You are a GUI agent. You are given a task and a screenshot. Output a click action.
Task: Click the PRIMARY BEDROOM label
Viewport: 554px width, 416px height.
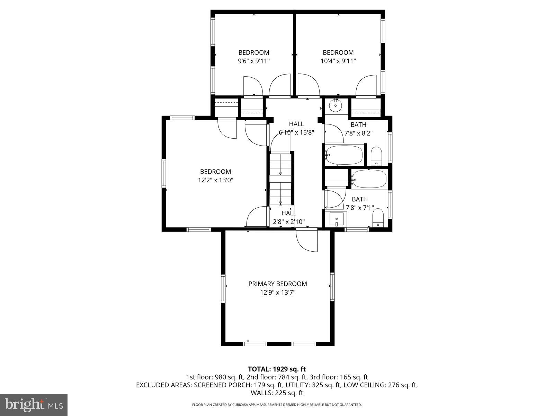pos(277,284)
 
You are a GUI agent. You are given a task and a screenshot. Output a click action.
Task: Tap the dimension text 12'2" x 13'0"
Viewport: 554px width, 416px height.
pos(215,180)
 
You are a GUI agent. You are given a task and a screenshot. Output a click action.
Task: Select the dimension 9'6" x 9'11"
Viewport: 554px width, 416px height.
pos(253,61)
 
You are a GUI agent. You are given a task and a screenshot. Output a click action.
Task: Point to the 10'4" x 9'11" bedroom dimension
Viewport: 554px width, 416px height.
pos(338,61)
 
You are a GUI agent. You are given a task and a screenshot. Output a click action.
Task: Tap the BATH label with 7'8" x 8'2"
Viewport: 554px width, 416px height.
pos(358,129)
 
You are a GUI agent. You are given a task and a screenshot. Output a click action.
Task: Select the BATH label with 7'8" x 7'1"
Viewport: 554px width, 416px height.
pos(359,203)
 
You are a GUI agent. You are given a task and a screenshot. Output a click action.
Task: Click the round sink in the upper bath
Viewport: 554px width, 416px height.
pos(335,105)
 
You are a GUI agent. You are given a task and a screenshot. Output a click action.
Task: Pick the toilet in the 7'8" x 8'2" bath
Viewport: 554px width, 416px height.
pos(376,156)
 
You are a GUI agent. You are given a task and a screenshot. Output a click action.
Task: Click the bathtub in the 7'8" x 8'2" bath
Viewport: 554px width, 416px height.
pos(344,155)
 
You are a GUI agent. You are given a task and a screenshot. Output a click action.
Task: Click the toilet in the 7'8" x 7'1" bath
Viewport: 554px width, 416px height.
pos(378,217)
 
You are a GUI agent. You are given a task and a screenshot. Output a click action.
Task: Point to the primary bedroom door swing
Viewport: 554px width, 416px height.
pos(307,240)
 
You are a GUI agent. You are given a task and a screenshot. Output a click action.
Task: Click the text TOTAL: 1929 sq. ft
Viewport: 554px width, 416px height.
pos(277,369)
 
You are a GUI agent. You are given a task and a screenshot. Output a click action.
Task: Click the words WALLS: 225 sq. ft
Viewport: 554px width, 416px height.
pos(277,393)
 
